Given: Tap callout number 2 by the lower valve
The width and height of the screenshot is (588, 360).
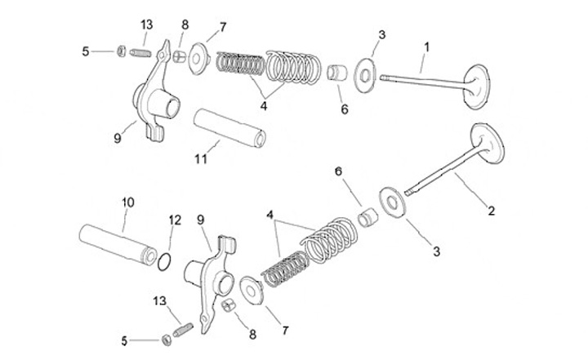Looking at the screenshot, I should pyautogui.click(x=491, y=211).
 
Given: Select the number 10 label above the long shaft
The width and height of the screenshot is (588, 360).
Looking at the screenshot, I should pyautogui.click(x=127, y=201).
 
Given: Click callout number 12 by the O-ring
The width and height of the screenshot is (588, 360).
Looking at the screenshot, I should pyautogui.click(x=173, y=220).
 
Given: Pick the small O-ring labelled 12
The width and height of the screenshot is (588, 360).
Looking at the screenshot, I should pyautogui.click(x=164, y=261).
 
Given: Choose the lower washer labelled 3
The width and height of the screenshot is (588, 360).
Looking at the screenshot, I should pyautogui.click(x=394, y=202).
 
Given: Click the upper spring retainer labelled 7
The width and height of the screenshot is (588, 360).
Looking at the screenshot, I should pyautogui.click(x=198, y=60).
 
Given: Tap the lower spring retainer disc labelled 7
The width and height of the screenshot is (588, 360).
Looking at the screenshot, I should pyautogui.click(x=253, y=291).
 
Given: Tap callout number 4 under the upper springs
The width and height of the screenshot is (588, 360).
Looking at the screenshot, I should pyautogui.click(x=263, y=104).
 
